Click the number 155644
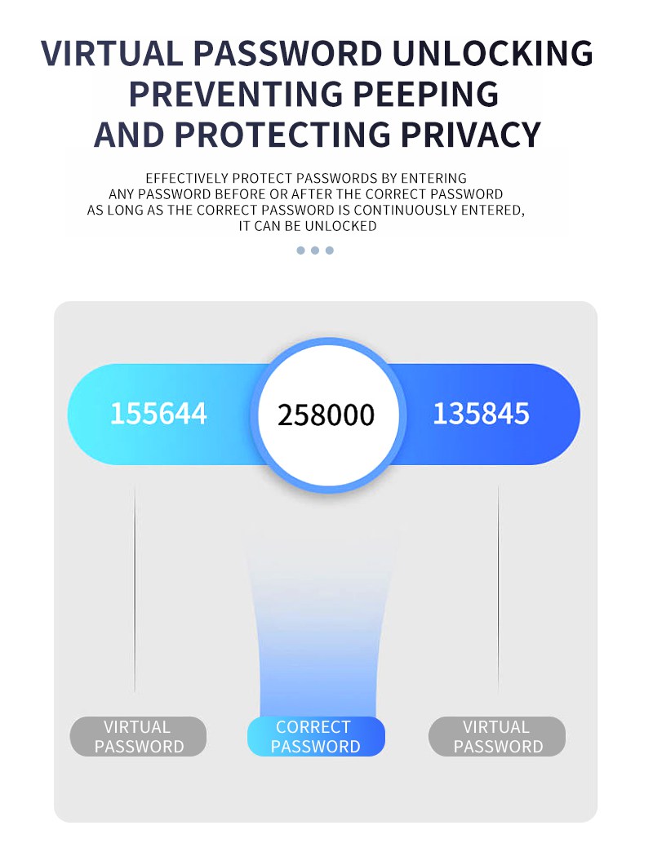[158, 414]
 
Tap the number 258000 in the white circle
[326, 415]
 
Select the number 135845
[482, 414]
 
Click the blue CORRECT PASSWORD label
[316, 736]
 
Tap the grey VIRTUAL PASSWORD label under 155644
[138, 736]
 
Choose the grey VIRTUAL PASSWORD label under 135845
[497, 736]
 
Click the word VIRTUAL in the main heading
[112, 53]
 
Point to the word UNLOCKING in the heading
[492, 53]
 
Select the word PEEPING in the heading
[426, 94]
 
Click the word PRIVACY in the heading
[470, 135]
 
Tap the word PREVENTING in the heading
[236, 94]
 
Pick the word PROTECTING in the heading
[282, 135]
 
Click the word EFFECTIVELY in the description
[187, 178]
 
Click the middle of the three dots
[315, 251]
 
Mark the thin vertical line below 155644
[135, 588]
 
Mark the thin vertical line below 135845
[498, 588]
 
